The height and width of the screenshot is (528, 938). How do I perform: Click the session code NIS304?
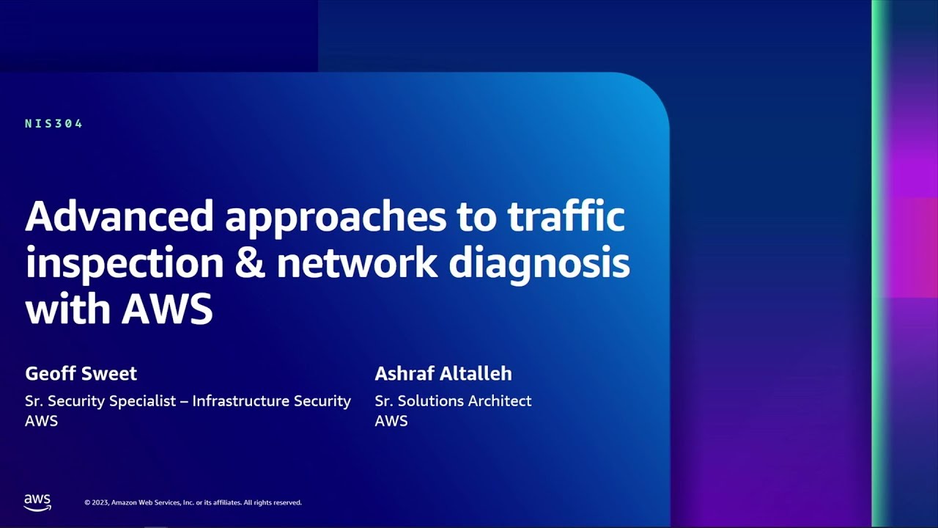pyautogui.click(x=53, y=124)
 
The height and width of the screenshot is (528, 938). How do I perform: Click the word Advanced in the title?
pyautogui.click(x=119, y=216)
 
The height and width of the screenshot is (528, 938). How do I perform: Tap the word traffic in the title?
pyautogui.click(x=566, y=216)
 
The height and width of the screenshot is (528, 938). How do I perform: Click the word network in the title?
pyautogui.click(x=357, y=263)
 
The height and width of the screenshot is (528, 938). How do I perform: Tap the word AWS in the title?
pyautogui.click(x=167, y=309)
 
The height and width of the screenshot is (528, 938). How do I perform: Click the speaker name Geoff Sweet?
pyautogui.click(x=81, y=373)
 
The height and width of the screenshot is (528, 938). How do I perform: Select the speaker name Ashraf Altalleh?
pyautogui.click(x=443, y=373)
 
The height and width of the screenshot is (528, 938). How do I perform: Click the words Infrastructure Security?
pyautogui.click(x=271, y=401)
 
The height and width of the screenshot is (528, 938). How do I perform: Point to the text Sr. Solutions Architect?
pyautogui.click(x=453, y=401)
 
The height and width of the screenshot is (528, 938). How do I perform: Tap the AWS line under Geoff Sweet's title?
pyautogui.click(x=42, y=421)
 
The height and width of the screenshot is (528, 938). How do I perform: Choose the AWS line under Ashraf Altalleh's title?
pyautogui.click(x=391, y=421)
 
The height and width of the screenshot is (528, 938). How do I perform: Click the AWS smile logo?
pyautogui.click(x=37, y=502)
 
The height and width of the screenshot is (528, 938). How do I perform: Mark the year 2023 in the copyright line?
pyautogui.click(x=100, y=502)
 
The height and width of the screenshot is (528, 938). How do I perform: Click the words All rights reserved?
pyautogui.click(x=273, y=502)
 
